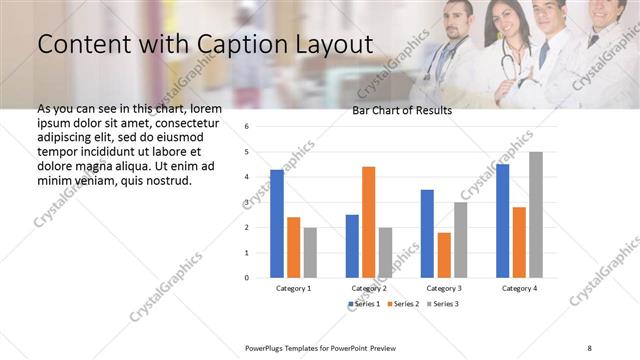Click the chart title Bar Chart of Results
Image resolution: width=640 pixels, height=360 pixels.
point(402,110)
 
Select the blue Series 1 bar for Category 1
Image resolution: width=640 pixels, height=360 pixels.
point(277,223)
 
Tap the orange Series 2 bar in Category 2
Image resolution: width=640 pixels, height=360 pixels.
point(368,221)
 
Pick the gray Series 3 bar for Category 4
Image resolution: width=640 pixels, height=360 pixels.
point(535,214)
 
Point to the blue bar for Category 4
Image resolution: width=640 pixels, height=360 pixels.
point(502,220)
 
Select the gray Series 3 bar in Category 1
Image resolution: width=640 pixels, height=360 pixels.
point(310,252)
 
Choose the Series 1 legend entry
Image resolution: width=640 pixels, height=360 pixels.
point(363,303)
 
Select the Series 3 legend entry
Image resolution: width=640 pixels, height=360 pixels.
point(443,303)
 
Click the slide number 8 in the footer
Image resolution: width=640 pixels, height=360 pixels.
point(589,347)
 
